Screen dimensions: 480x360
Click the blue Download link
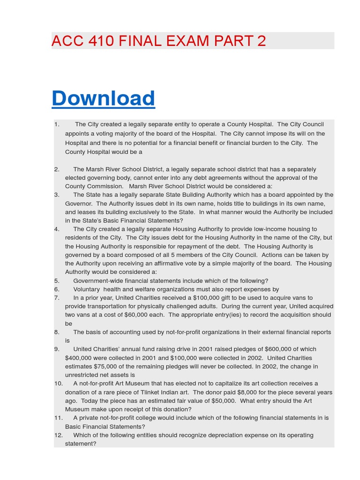[103, 98]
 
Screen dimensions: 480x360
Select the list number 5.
[57, 281]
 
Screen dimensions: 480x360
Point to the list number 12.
[59, 435]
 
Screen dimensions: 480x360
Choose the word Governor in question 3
[78, 203]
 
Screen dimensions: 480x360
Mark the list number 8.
[57, 332]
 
